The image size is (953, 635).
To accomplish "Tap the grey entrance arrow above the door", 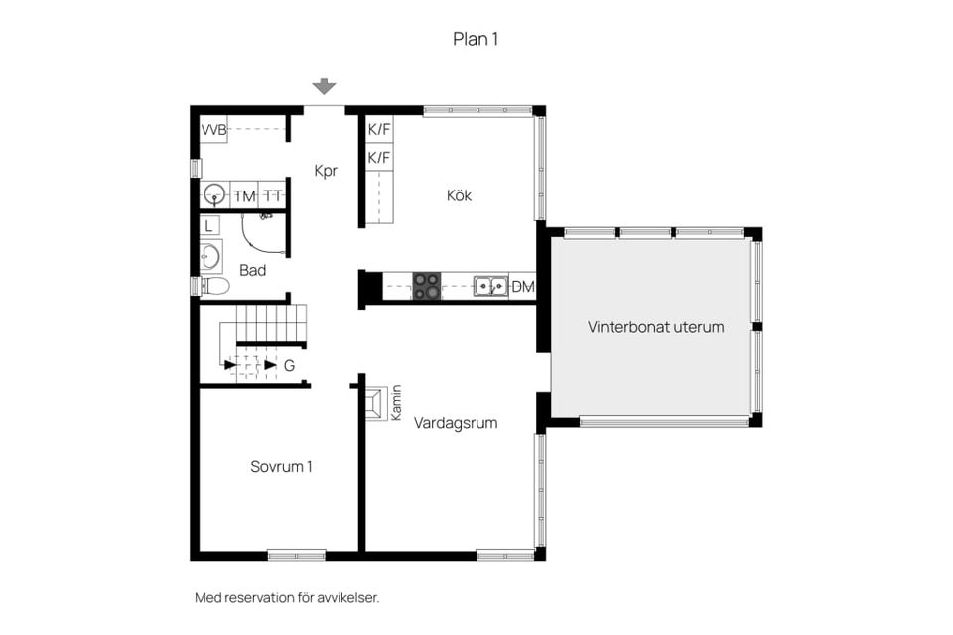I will point(325,87).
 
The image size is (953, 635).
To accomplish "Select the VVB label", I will point(213,130).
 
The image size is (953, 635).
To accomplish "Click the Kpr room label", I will point(326,171).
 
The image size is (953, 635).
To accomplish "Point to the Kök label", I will point(459,195).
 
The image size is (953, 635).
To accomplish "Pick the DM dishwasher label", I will point(523,287).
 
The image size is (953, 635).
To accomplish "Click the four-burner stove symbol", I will point(427,286).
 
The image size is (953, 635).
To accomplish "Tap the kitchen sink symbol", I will point(488,286).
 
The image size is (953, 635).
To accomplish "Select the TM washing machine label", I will point(244,196).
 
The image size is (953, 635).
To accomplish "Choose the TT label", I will point(273,196).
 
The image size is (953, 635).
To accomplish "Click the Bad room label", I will point(252,269).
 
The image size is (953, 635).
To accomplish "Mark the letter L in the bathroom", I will point(208,225).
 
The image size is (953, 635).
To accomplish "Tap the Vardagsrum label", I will point(456,423).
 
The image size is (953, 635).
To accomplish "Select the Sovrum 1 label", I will point(281,466).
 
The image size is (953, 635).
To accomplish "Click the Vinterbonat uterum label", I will point(655,326).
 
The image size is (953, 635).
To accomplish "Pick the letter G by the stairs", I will point(289,365).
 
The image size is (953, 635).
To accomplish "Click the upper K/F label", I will point(378,129).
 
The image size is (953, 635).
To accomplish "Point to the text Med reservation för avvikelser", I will point(287,598).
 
